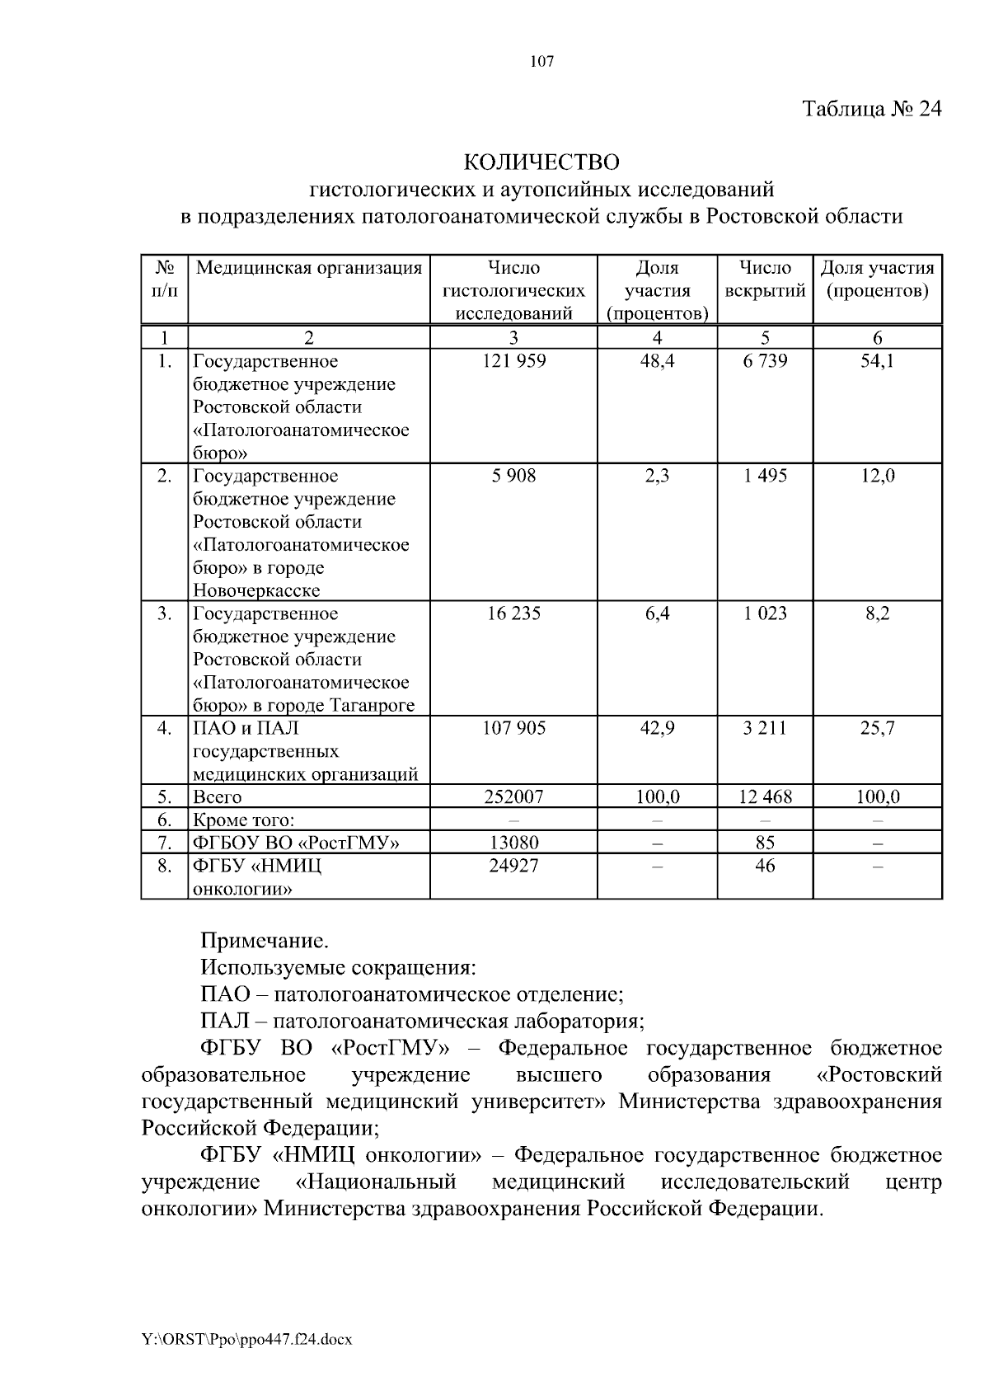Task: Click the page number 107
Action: tap(541, 62)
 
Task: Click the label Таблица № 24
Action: tap(872, 110)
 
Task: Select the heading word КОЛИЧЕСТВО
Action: tap(541, 160)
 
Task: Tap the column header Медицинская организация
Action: tap(309, 268)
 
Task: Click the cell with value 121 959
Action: tap(513, 361)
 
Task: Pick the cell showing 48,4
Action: tap(657, 361)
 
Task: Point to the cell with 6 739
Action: tap(765, 361)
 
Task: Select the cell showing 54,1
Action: tap(877, 361)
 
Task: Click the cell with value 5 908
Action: tap(513, 476)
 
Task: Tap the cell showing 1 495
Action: tap(765, 476)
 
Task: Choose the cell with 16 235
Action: tap(513, 613)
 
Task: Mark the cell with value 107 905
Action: tap(513, 728)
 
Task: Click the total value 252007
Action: tap(513, 797)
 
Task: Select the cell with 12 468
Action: tap(765, 797)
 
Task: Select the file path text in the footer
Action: tap(247, 1340)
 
